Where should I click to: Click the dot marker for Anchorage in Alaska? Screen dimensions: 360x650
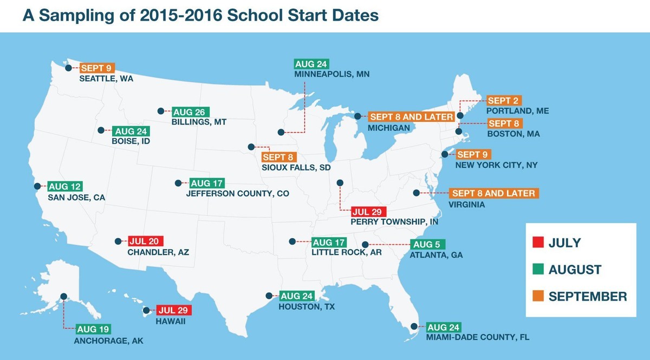tap(64, 296)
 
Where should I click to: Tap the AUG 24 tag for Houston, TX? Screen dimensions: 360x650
tap(297, 296)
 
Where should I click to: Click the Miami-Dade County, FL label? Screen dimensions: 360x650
tap(477, 337)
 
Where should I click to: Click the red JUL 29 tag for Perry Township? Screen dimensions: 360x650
tap(369, 212)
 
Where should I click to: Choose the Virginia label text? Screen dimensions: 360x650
tap(467, 205)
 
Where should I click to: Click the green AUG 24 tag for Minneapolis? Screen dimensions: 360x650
tap(311, 64)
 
